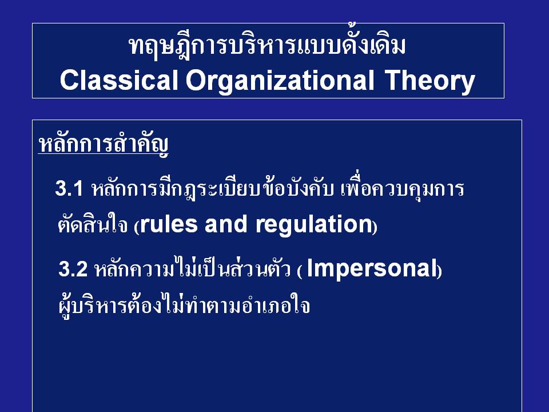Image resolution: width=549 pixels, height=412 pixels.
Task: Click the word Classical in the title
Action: tap(119, 80)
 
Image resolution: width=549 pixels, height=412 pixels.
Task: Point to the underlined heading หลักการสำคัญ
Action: tap(104, 144)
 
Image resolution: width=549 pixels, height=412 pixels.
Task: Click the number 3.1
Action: tap(69, 188)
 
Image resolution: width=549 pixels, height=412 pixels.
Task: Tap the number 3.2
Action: tap(73, 269)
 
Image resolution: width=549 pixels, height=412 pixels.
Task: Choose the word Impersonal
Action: tap(372, 270)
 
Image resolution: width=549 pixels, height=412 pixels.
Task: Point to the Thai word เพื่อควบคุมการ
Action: tap(402, 189)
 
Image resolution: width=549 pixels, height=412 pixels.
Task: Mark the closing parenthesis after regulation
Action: tap(375, 227)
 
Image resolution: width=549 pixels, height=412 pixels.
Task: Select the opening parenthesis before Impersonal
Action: tap(300, 271)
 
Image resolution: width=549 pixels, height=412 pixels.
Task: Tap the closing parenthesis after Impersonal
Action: tap(439, 271)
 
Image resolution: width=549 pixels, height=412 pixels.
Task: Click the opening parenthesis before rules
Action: tap(137, 227)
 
